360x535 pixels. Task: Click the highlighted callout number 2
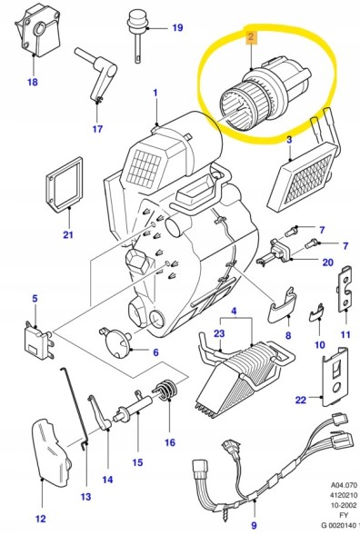pos(250,38)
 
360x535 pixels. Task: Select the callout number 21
pos(66,237)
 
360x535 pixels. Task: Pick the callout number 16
pos(168,443)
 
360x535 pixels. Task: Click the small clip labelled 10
pos(316,312)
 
